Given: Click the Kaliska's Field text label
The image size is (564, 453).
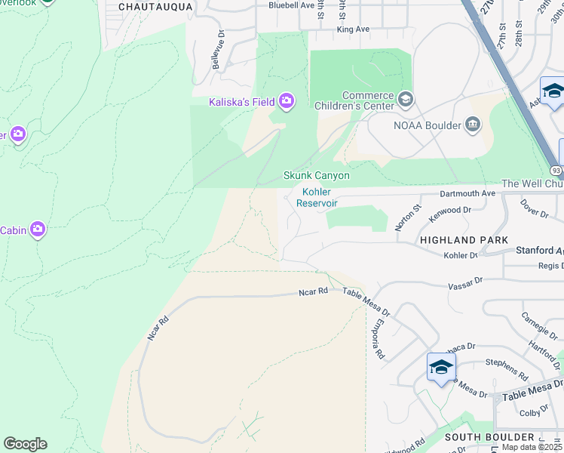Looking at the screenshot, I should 241,101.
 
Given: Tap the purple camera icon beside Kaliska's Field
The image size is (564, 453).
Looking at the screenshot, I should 286,100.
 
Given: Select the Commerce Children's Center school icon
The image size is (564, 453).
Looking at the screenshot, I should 406,100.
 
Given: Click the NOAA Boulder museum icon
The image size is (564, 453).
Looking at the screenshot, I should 473,124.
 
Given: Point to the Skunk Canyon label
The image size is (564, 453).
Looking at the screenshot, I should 316,175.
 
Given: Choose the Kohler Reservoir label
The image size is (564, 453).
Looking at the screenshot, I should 316,198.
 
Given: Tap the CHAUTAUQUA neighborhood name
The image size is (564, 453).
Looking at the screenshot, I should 155,6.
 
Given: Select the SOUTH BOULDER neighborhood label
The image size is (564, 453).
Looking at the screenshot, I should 489,437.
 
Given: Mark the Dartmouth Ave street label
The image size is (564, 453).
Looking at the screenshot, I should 467,193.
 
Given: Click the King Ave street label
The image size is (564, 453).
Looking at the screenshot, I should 353,29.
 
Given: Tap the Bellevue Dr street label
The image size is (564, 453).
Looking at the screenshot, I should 218,50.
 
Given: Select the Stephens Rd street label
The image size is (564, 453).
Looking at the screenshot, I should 507,368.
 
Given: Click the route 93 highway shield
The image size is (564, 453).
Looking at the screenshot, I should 556,171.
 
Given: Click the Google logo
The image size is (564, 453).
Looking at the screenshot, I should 25,443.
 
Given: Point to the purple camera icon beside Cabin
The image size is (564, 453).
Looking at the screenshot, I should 37,230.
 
